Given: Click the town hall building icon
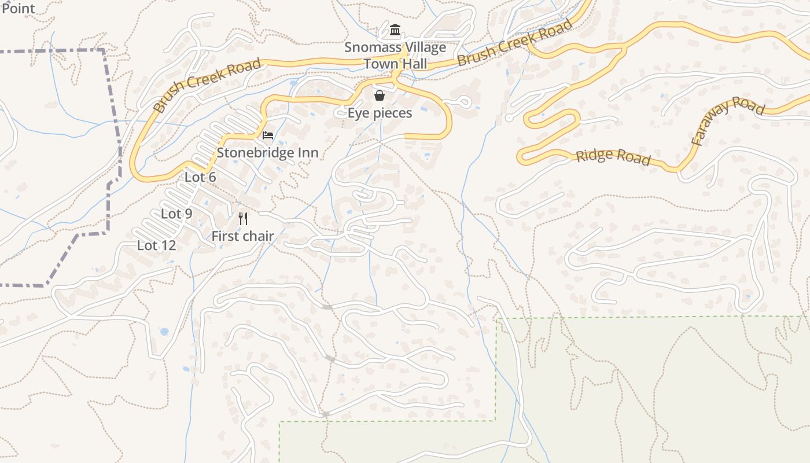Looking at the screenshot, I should coord(395,30).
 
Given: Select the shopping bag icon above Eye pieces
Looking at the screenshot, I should coord(380,95).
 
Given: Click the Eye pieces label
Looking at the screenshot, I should coord(380,113).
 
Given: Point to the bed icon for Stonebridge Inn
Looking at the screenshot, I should coord(268,135).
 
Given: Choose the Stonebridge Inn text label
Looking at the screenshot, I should coord(267,153).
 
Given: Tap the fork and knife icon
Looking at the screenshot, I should coord(243,219).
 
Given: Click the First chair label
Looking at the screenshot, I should coord(242,236).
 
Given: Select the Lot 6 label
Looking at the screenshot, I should coord(200,177).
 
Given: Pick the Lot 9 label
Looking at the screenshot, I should coord(176,214).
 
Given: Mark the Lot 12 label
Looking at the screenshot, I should coord(156,245).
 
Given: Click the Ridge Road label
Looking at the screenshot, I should coord(613,157).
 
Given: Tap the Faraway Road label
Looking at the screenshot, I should coord(727,120).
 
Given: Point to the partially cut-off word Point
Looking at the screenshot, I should coord(18,8).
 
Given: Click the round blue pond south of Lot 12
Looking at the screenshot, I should coord(164,332).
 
